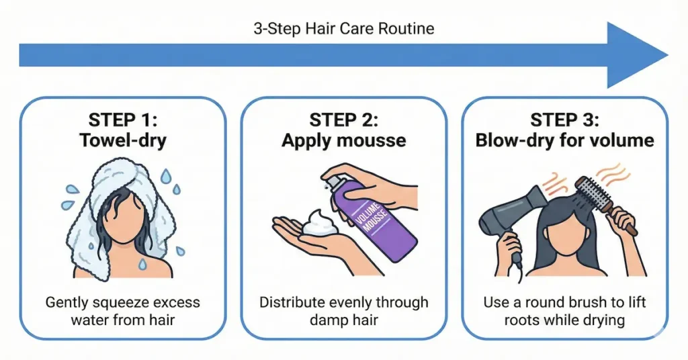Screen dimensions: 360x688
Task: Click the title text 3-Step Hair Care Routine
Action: pos(343,29)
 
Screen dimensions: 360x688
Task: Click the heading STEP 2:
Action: pos(343,120)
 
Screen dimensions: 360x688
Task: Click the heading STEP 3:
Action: pos(564,120)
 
